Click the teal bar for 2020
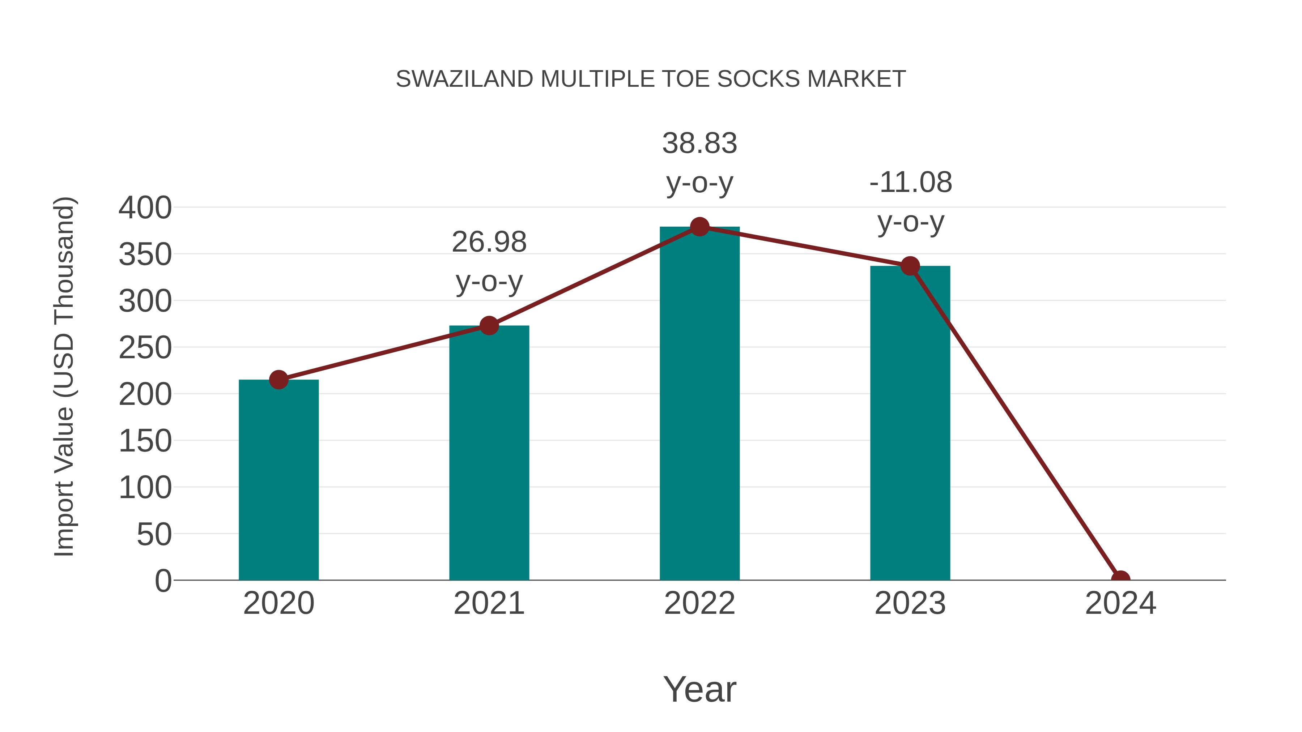pyautogui.click(x=278, y=480)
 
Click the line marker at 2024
pyautogui.click(x=1120, y=579)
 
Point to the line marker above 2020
pyautogui.click(x=278, y=380)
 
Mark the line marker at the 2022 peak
pyautogui.click(x=699, y=227)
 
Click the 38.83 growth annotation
pyautogui.click(x=699, y=144)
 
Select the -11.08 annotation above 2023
pyautogui.click(x=910, y=183)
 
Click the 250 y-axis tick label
pyautogui.click(x=145, y=348)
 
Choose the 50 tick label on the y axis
pyautogui.click(x=154, y=535)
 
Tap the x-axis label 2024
pyautogui.click(x=1120, y=603)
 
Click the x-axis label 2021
pyautogui.click(x=489, y=603)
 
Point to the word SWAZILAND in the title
pyautogui.click(x=464, y=79)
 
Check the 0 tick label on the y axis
pyautogui.click(x=163, y=581)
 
